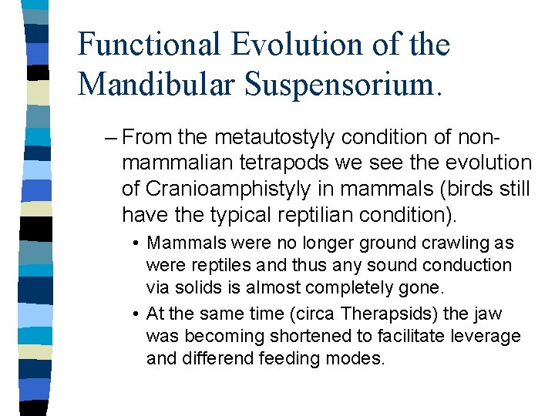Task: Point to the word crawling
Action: (455, 243)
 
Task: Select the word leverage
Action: (488, 337)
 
